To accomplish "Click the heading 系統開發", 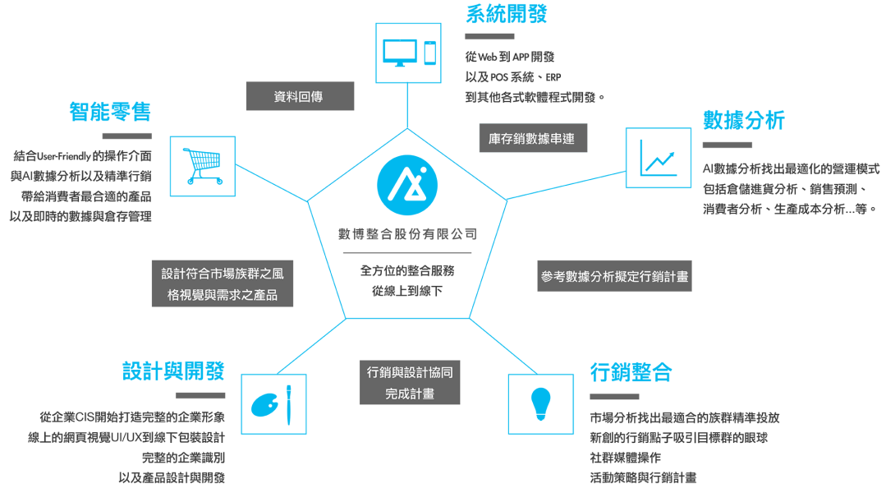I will click(506, 14).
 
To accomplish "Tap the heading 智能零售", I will click(111, 112).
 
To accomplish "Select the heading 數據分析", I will click(744, 121).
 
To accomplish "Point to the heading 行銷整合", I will click(631, 372).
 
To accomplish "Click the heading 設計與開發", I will click(173, 371).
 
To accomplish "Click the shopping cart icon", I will click(202, 166).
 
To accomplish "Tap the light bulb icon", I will click(539, 403).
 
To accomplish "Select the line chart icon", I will click(658, 157).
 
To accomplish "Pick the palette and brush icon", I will click(273, 403).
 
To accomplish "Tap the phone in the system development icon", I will click(429, 53).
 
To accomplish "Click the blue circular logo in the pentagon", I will click(408, 182).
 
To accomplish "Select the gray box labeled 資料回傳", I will click(300, 96).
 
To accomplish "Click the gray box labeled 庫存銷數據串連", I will click(533, 138).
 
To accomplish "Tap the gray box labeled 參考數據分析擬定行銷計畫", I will click(615, 277).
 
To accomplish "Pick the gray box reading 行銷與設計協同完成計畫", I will click(410, 383).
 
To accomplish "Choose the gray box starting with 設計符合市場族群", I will click(223, 284).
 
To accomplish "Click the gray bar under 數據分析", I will click(728, 145).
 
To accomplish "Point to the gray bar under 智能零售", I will click(127, 136).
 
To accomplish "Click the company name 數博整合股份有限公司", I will click(408, 234).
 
